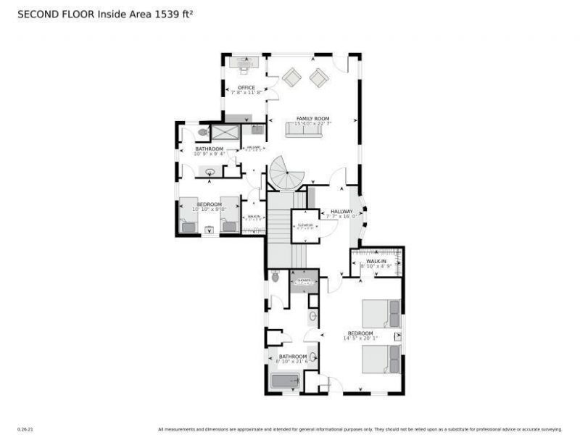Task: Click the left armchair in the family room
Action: tap(292, 77)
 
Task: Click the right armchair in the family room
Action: tap(319, 77)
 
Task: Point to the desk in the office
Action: tap(244, 64)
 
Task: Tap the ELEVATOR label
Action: tap(305, 225)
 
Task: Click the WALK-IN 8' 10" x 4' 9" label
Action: tap(376, 263)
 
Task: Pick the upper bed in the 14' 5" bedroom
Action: tap(381, 313)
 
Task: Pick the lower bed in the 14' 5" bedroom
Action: tap(381, 359)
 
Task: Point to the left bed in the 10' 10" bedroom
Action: tap(188, 216)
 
